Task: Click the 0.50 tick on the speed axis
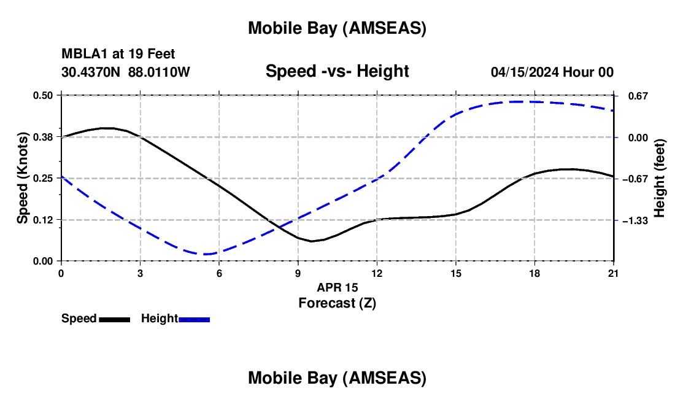(44, 95)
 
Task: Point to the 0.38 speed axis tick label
(44, 137)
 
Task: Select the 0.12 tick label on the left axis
(44, 220)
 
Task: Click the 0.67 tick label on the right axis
(638, 96)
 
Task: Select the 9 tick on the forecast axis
(298, 273)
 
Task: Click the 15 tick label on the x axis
(455, 273)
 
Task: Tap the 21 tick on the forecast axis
(614, 273)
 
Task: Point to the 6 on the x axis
(219, 273)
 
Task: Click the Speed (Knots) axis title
(23, 178)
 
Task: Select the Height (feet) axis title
(660, 178)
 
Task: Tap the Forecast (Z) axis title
(337, 303)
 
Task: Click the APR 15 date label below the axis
(337, 287)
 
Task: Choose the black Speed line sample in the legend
(114, 319)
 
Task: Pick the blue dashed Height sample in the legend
(195, 319)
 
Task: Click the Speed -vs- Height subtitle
(337, 71)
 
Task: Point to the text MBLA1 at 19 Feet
(118, 55)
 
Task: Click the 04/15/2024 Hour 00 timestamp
(552, 72)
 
